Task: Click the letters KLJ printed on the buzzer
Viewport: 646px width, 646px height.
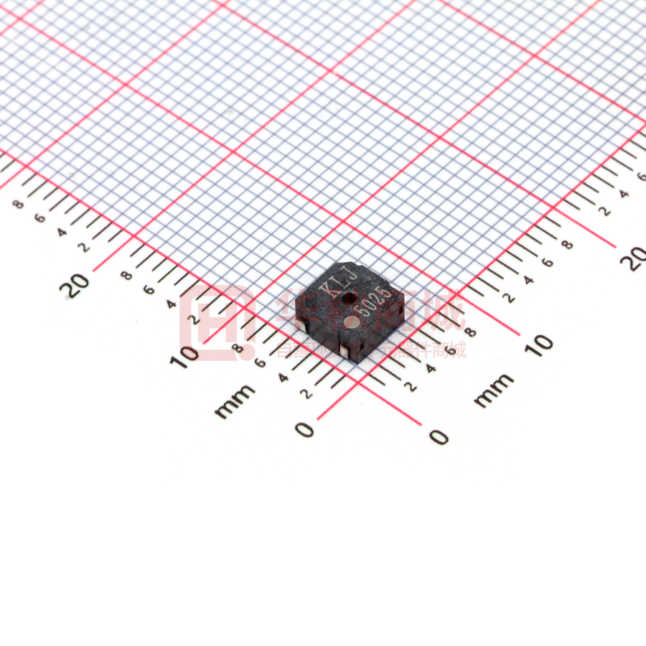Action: tap(332, 282)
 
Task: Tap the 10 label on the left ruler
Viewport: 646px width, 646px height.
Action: tap(185, 355)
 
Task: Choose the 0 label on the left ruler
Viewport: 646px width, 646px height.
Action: tap(305, 429)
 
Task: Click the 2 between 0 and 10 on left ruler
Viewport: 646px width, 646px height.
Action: tap(306, 393)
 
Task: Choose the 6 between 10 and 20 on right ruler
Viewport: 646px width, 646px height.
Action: tap(548, 262)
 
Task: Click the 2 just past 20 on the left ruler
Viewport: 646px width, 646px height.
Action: tap(85, 248)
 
